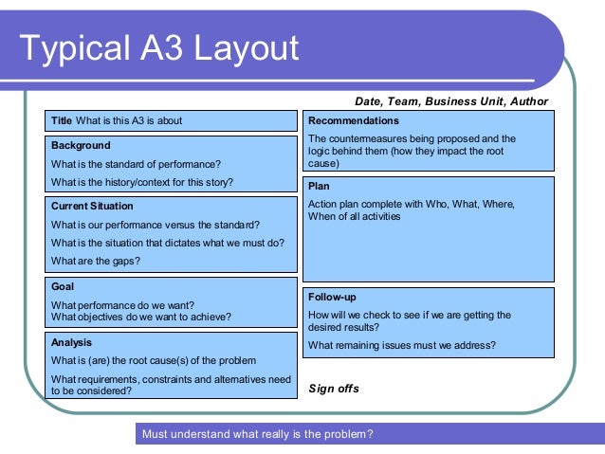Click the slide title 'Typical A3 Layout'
(x=158, y=46)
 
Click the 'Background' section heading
(x=81, y=146)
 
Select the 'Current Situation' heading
(x=92, y=206)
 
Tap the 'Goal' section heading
(x=63, y=286)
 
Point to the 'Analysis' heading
(x=72, y=342)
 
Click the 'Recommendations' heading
(x=354, y=121)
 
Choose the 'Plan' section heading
(x=320, y=187)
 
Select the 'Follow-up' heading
(x=332, y=297)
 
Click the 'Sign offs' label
(x=334, y=389)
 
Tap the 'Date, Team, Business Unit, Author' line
(x=451, y=101)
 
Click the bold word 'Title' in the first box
(x=62, y=120)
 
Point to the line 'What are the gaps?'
(x=96, y=261)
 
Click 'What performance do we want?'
(x=122, y=305)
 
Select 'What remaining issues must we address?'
(x=402, y=345)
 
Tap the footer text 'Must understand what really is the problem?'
(x=257, y=435)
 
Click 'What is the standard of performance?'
(x=136, y=164)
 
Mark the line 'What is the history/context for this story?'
(x=142, y=182)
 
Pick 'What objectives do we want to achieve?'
(x=141, y=317)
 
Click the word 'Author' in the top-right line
(x=529, y=101)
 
